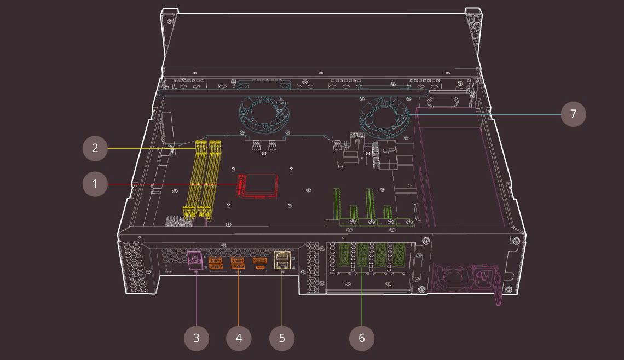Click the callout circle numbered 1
[95, 184]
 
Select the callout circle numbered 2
[95, 148]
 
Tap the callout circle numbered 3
[197, 338]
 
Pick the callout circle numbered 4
[239, 338]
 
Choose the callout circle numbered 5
[282, 338]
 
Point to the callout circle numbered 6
[362, 338]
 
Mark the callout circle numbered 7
[573, 114]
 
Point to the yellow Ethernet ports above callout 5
[281, 260]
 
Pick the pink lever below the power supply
[498, 295]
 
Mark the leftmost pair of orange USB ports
[215, 263]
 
